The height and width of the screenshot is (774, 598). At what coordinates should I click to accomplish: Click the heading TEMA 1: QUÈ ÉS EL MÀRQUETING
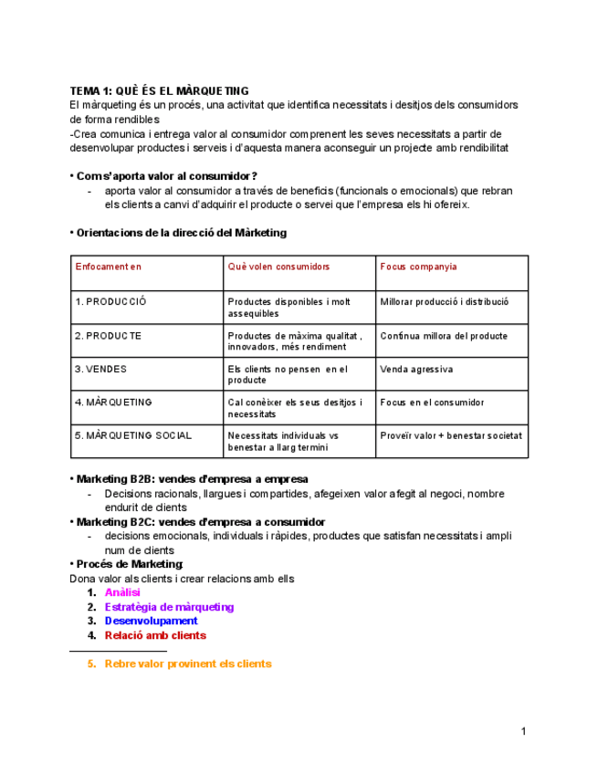coord(160,90)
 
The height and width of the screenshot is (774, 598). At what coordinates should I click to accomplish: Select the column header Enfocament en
coord(108,267)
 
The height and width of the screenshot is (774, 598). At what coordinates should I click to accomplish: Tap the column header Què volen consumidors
coord(278,267)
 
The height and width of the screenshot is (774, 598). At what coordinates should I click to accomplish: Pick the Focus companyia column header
coord(418,267)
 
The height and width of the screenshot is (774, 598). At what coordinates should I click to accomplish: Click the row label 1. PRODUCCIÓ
coord(110,302)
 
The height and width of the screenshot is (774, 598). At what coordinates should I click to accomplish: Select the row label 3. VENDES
coord(100,370)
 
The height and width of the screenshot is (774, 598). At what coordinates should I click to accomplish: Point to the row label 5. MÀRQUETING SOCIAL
coord(133,436)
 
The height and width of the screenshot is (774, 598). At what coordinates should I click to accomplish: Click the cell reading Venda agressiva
coord(416,370)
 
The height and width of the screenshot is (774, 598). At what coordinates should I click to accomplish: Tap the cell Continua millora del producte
coord(444,336)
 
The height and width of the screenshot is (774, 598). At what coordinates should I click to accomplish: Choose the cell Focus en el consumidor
coord(432,403)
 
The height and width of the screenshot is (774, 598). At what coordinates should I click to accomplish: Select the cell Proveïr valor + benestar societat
coord(451,436)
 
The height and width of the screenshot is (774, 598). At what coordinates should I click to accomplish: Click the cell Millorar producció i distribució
coord(445,302)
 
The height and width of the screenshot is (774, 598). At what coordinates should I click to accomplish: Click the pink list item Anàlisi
coord(122,593)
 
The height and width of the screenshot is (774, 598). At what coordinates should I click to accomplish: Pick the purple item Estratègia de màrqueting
coord(169,607)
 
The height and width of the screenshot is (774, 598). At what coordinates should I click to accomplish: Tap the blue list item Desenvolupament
coord(151,622)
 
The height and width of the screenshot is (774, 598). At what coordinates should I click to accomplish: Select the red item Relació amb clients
coord(155,635)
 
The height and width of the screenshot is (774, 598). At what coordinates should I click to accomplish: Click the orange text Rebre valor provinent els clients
coord(188,664)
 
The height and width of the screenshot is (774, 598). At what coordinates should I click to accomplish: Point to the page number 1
coord(523,731)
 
